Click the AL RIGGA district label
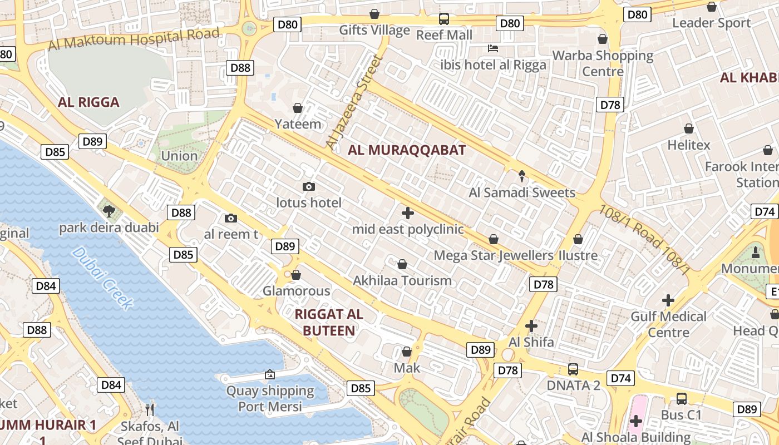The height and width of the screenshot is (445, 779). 88,102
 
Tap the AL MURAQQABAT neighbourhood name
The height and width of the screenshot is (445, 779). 407,150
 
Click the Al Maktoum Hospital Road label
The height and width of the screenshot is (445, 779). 134,39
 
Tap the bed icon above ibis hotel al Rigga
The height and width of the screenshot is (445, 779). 493,48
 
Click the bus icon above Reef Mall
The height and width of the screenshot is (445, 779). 444,19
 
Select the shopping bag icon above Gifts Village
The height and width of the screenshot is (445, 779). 374,14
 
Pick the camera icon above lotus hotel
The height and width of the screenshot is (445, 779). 309,186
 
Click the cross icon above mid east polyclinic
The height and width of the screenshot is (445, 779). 408,212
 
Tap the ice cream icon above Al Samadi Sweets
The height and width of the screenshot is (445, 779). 522,176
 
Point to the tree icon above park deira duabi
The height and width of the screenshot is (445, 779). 109,211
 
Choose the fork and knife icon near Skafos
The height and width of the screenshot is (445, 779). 149,409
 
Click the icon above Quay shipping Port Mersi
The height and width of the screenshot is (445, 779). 270,374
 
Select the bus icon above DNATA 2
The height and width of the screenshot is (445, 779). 573,369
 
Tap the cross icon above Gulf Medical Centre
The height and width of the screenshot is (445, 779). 668,300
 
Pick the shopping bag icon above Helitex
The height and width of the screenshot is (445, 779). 689,128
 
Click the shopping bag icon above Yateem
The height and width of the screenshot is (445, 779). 298,107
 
